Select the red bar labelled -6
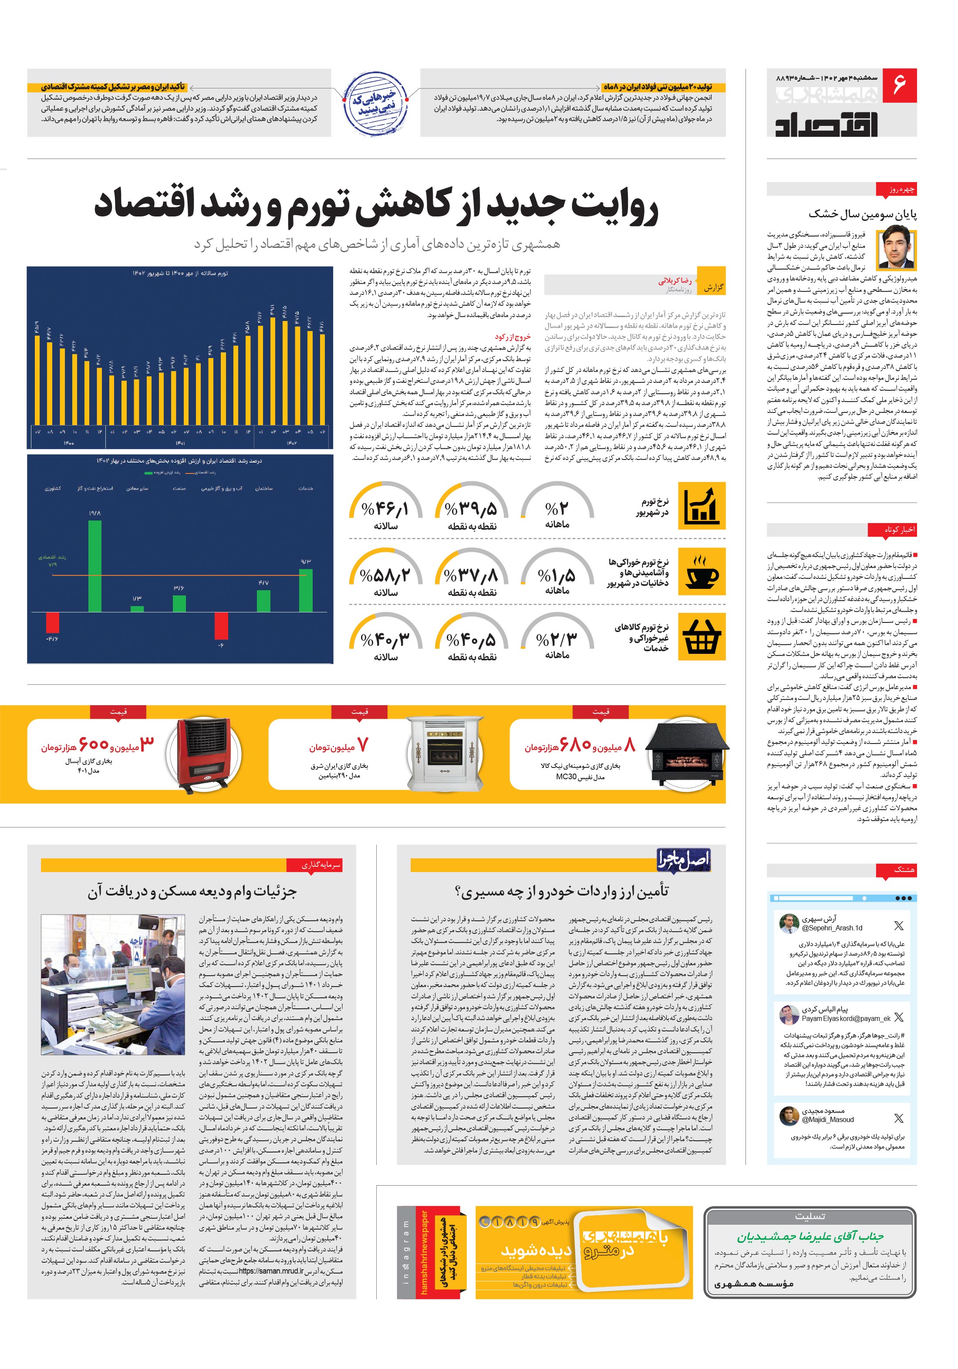click(221, 625)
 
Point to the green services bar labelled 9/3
click(305, 590)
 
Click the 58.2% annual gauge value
click(385, 576)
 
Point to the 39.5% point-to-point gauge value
click(471, 509)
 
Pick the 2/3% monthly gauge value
click(557, 640)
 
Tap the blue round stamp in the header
click(374, 102)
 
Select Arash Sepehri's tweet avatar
click(789, 923)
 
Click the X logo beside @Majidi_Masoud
click(898, 1118)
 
